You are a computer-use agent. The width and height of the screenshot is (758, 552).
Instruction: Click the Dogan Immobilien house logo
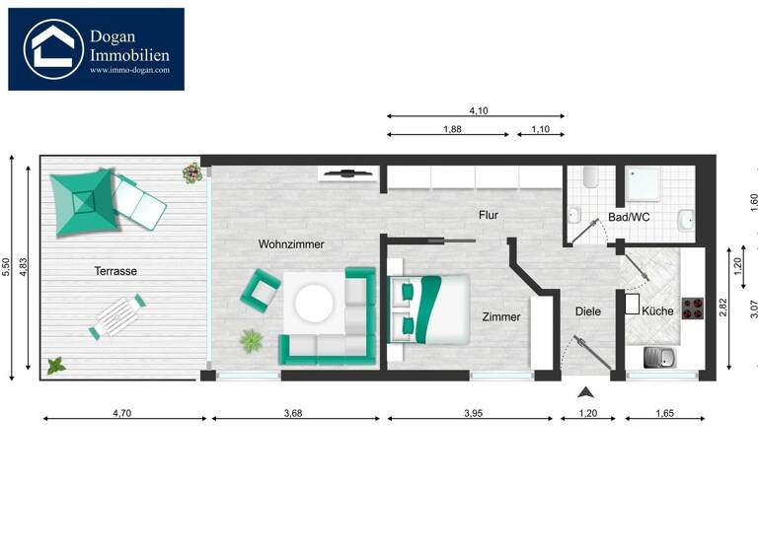(52, 48)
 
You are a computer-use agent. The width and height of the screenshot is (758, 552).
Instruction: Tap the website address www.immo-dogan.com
(129, 70)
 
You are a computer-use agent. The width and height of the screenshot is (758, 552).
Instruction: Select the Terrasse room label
(115, 270)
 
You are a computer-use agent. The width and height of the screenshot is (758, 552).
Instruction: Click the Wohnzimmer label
(291, 243)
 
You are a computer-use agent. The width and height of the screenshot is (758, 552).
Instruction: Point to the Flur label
(489, 215)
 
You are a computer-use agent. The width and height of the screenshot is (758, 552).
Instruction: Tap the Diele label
(587, 311)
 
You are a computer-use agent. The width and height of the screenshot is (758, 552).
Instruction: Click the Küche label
(657, 311)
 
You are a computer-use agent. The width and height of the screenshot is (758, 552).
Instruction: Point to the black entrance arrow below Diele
(586, 391)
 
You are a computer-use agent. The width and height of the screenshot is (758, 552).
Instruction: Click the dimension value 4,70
(121, 414)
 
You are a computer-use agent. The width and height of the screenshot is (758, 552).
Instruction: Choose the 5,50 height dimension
(6, 267)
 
